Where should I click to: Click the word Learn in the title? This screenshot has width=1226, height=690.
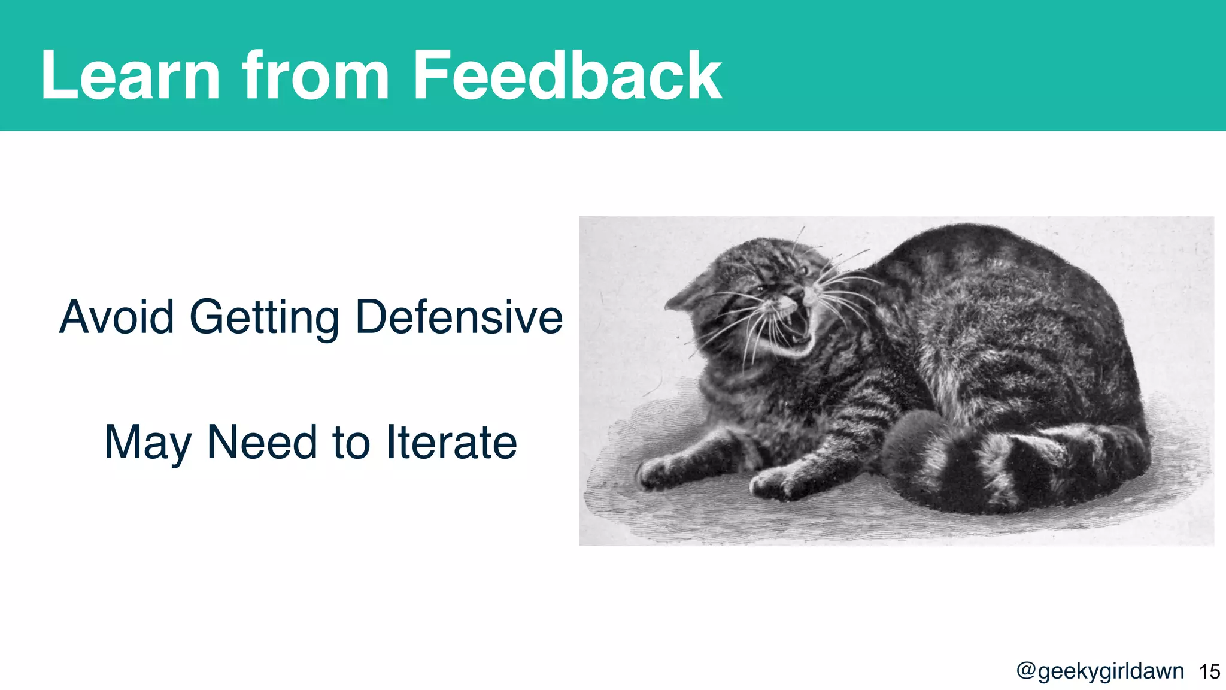pyautogui.click(x=131, y=76)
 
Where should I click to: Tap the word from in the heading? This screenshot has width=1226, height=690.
pyautogui.click(x=315, y=76)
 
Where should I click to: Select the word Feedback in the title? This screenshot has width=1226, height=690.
pyautogui.click(x=567, y=76)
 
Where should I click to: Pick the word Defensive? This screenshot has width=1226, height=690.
pyautogui.click(x=459, y=317)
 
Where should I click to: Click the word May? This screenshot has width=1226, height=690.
pyautogui.click(x=147, y=443)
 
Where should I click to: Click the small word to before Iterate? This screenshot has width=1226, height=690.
pyautogui.click(x=351, y=443)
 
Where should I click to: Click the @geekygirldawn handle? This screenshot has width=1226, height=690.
pyautogui.click(x=1100, y=671)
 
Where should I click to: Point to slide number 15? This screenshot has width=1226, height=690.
pyautogui.click(x=1209, y=671)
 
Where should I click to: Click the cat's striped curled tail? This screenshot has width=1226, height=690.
pyautogui.click(x=1012, y=464)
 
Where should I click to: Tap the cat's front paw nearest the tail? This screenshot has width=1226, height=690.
pyautogui.click(x=778, y=482)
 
